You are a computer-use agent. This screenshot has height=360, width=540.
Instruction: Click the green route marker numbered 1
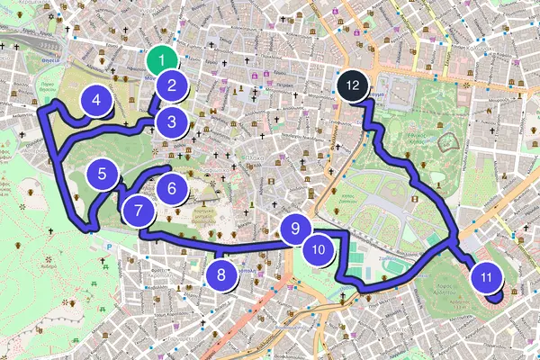160,61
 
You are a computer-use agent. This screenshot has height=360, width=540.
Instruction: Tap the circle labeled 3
171,121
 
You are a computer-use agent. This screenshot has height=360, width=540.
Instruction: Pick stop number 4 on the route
95,102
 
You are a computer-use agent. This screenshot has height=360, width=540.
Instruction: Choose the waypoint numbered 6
171,189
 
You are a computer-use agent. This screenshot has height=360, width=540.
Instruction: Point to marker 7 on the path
138,211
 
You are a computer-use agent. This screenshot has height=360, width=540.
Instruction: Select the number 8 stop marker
221,274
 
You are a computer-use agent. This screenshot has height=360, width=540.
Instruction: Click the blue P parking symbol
110,244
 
